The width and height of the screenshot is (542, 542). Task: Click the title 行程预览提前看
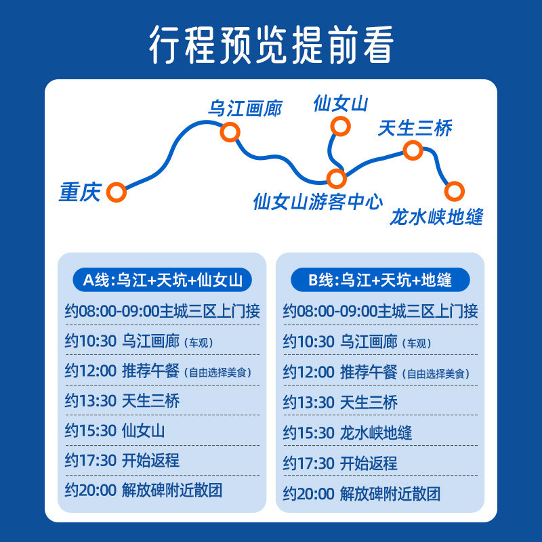coord(271,45)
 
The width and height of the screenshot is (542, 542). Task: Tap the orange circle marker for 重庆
coord(117,192)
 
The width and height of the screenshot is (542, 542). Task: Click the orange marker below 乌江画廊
coord(230,131)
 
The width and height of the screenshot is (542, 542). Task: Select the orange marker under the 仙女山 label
coord(340,126)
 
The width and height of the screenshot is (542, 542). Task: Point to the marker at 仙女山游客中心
coord(337,179)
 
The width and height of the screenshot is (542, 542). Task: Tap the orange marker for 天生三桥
coord(413,150)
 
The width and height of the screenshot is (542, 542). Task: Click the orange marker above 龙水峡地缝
coord(454,191)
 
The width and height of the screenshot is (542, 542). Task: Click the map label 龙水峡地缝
coord(437,217)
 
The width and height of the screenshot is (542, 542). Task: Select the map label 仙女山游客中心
coord(318,202)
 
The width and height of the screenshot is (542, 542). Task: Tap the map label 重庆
coord(79,193)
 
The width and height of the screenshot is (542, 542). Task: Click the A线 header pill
coord(161,279)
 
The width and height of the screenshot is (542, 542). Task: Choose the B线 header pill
coord(380,279)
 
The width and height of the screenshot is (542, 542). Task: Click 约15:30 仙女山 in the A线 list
coord(115,430)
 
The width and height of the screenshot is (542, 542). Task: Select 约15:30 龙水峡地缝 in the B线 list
coord(348,432)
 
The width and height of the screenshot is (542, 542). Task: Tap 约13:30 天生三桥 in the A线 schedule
coord(123,400)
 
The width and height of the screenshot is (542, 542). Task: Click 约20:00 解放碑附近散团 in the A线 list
coord(144,490)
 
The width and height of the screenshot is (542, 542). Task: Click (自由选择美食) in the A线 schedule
coord(218,372)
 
